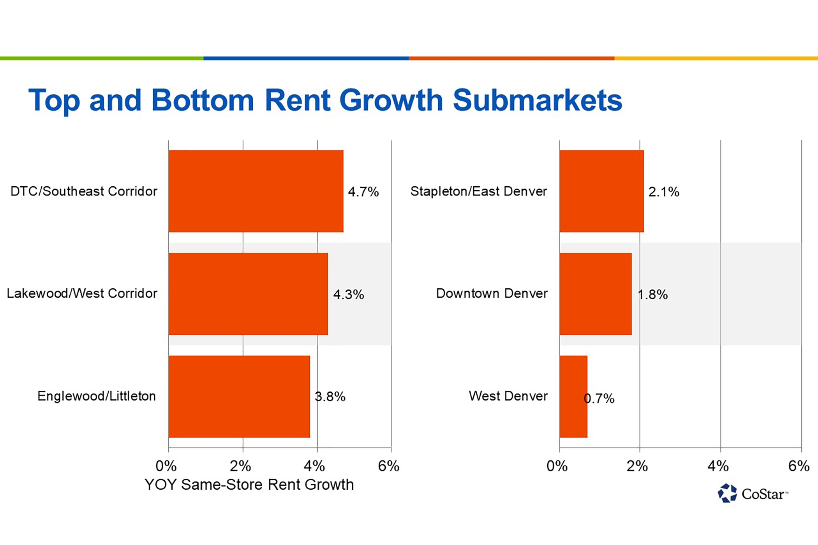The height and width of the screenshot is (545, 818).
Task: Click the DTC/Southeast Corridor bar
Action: pyautogui.click(x=256, y=191)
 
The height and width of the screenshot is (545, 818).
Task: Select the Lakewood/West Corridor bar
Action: pyautogui.click(x=248, y=294)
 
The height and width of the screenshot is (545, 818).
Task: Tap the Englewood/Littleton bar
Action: pyautogui.click(x=239, y=397)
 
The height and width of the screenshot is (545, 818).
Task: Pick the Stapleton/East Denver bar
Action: pyautogui.click(x=601, y=191)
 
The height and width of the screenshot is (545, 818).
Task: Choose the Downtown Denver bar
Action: pyautogui.click(x=595, y=294)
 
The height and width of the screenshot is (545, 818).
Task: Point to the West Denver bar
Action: pyautogui.click(x=573, y=397)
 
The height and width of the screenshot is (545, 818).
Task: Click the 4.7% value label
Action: pyautogui.click(x=363, y=192)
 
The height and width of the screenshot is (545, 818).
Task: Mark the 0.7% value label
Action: pyautogui.click(x=599, y=398)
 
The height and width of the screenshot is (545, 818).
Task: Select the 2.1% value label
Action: pyautogui.click(x=663, y=192)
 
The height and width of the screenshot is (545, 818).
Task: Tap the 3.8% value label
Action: pyautogui.click(x=330, y=397)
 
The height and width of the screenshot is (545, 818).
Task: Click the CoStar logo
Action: pyautogui.click(x=753, y=494)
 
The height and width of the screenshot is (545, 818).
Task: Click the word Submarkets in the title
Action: pyautogui.click(x=537, y=100)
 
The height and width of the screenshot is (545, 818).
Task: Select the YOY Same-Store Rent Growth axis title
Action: pyautogui.click(x=249, y=485)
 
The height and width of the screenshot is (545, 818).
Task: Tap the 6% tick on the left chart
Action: pyautogui.click(x=388, y=466)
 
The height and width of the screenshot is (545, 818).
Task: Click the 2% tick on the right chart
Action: pyautogui.click(x=637, y=466)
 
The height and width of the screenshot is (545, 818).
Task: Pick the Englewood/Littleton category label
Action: pyautogui.click(x=97, y=396)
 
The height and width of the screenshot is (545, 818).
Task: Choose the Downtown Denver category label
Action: pyautogui.click(x=492, y=293)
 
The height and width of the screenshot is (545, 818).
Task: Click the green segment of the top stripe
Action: pyautogui.click(x=101, y=58)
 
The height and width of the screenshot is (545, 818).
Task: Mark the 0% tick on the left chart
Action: pyautogui.click(x=166, y=466)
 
